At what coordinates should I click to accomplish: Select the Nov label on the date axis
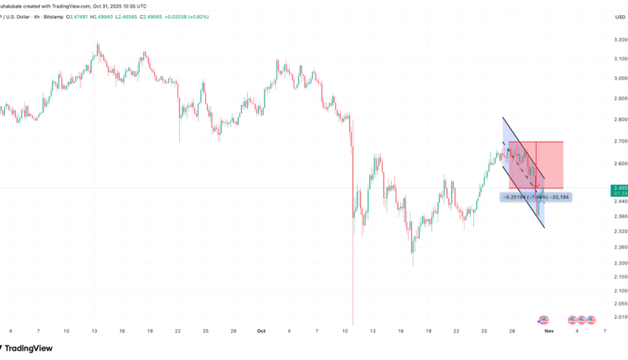(x=548, y=331)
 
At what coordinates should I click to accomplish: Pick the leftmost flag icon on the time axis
(x=543, y=320)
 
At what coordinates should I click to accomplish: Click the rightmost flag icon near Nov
(x=591, y=320)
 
